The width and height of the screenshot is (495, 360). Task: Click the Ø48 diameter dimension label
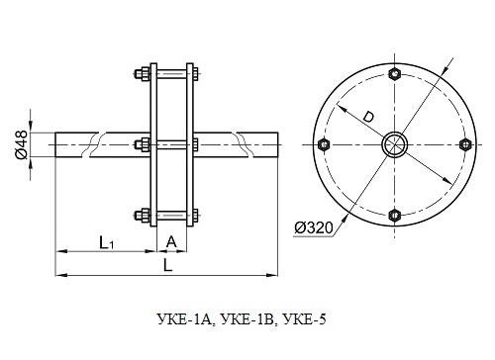(x=21, y=144)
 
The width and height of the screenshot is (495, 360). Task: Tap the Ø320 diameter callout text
(x=314, y=227)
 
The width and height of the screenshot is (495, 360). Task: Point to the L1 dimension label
(x=107, y=243)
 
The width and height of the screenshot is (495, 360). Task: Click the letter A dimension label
(x=171, y=242)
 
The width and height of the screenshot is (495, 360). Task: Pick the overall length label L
(x=168, y=265)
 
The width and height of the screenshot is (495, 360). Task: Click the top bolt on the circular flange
(x=395, y=74)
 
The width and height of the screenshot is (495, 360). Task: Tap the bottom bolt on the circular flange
(x=395, y=216)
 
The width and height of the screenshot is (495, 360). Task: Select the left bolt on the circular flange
(x=324, y=144)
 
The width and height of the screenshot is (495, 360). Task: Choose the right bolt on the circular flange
(x=465, y=144)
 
